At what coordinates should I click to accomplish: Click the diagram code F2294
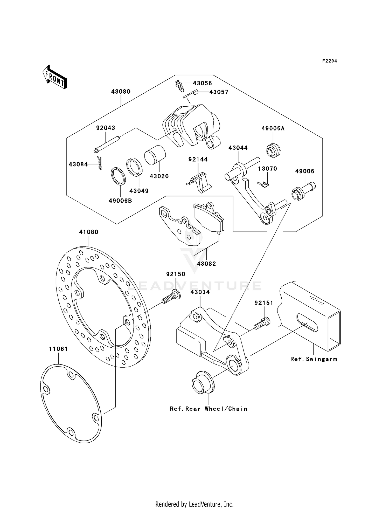point(329,61)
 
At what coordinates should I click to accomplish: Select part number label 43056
point(202,83)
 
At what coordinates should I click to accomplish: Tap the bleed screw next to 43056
point(178,86)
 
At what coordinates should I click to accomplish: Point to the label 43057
point(219,92)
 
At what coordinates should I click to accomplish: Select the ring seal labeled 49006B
point(119,176)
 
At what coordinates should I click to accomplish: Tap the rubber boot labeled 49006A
point(273,150)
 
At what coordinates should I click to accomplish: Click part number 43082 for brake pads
point(206,264)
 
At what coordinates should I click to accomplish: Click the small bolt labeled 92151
point(262,323)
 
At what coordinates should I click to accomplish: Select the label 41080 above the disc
point(89,232)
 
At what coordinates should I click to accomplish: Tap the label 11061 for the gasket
point(59,349)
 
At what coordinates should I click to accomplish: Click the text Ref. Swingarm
point(314,359)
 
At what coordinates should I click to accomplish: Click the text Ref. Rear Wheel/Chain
point(209,409)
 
